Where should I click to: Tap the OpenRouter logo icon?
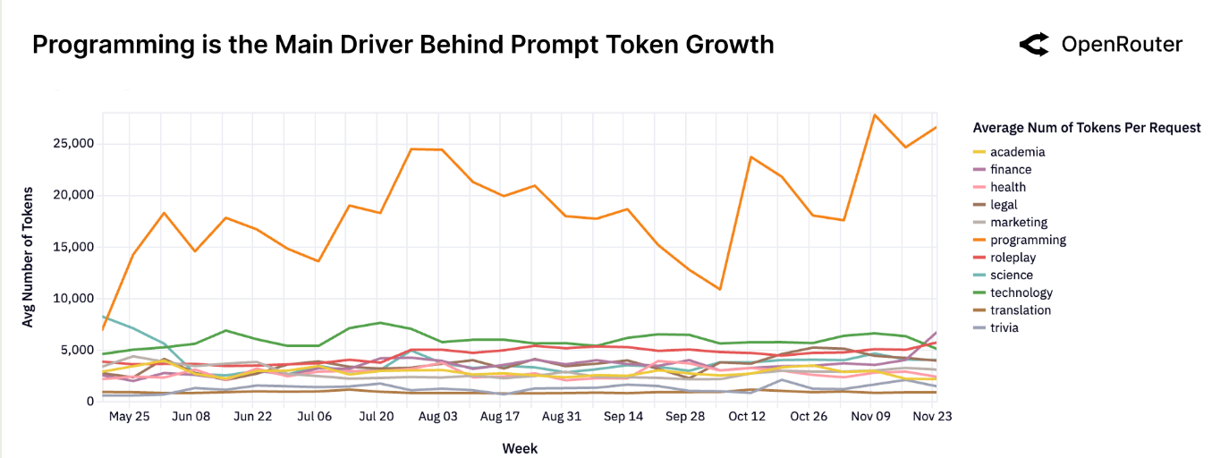(x=1035, y=45)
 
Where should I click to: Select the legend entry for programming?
(x=1028, y=240)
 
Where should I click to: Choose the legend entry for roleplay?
(x=1013, y=258)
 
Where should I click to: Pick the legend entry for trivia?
(x=1004, y=327)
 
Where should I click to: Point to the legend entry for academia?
(x=1016, y=152)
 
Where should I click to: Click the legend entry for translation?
(x=1020, y=310)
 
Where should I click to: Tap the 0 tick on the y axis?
(x=90, y=402)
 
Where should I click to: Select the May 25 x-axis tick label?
(x=130, y=417)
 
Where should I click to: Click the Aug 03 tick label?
(x=438, y=417)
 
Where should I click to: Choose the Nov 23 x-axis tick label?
(x=931, y=417)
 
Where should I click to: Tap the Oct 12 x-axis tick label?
(x=747, y=417)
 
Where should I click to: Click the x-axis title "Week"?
(x=520, y=447)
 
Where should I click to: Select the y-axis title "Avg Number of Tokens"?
(x=28, y=258)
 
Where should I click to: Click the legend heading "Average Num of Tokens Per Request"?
(x=1086, y=128)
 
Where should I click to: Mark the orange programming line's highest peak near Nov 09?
(x=873, y=114)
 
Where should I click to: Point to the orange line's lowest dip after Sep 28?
(x=719, y=289)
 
